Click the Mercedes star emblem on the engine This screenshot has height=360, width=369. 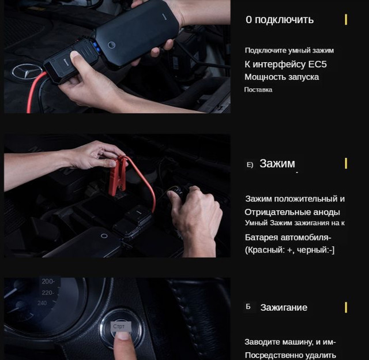(x=27, y=72)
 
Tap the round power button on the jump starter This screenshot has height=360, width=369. (x=111, y=45)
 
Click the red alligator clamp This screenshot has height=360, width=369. (x=118, y=175)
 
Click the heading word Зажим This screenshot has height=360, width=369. (x=277, y=163)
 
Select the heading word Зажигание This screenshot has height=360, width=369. (x=284, y=307)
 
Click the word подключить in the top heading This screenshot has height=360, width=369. (x=284, y=20)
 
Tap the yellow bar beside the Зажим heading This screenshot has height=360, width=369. (x=346, y=163)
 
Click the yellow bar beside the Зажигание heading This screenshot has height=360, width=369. (x=346, y=307)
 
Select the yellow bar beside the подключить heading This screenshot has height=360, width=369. (x=346, y=20)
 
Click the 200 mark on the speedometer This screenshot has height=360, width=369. (x=48, y=282)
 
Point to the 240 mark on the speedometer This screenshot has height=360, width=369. (x=42, y=303)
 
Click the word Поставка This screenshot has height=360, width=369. (x=258, y=89)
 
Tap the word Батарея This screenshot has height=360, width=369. (x=261, y=237)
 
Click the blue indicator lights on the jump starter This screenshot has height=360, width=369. (x=96, y=47)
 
